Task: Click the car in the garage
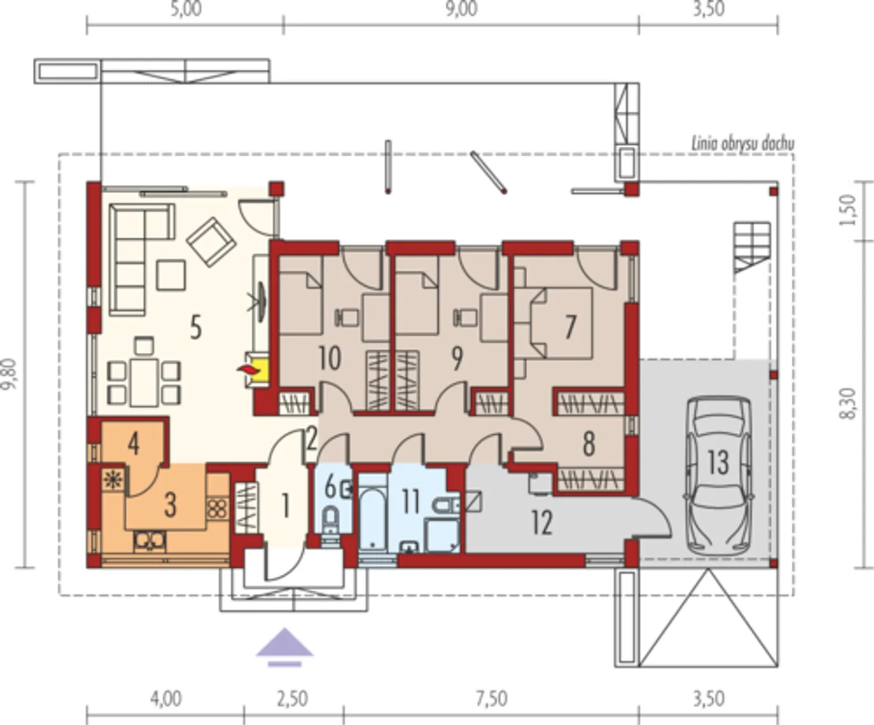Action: click(718, 477)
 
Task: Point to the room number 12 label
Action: click(542, 523)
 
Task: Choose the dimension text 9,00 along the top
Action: click(462, 9)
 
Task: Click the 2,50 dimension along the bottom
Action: click(292, 699)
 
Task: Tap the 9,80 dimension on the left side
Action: click(9, 374)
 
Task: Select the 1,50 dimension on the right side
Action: click(848, 210)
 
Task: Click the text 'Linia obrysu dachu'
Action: click(743, 145)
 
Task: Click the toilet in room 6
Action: click(330, 520)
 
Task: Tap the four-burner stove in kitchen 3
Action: click(217, 509)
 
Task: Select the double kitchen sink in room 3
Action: click(150, 541)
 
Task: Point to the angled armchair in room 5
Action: click(210, 242)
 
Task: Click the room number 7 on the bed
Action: click(570, 327)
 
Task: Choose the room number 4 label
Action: click(134, 444)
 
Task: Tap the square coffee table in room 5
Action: click(171, 274)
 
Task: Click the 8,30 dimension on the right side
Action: click(848, 404)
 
